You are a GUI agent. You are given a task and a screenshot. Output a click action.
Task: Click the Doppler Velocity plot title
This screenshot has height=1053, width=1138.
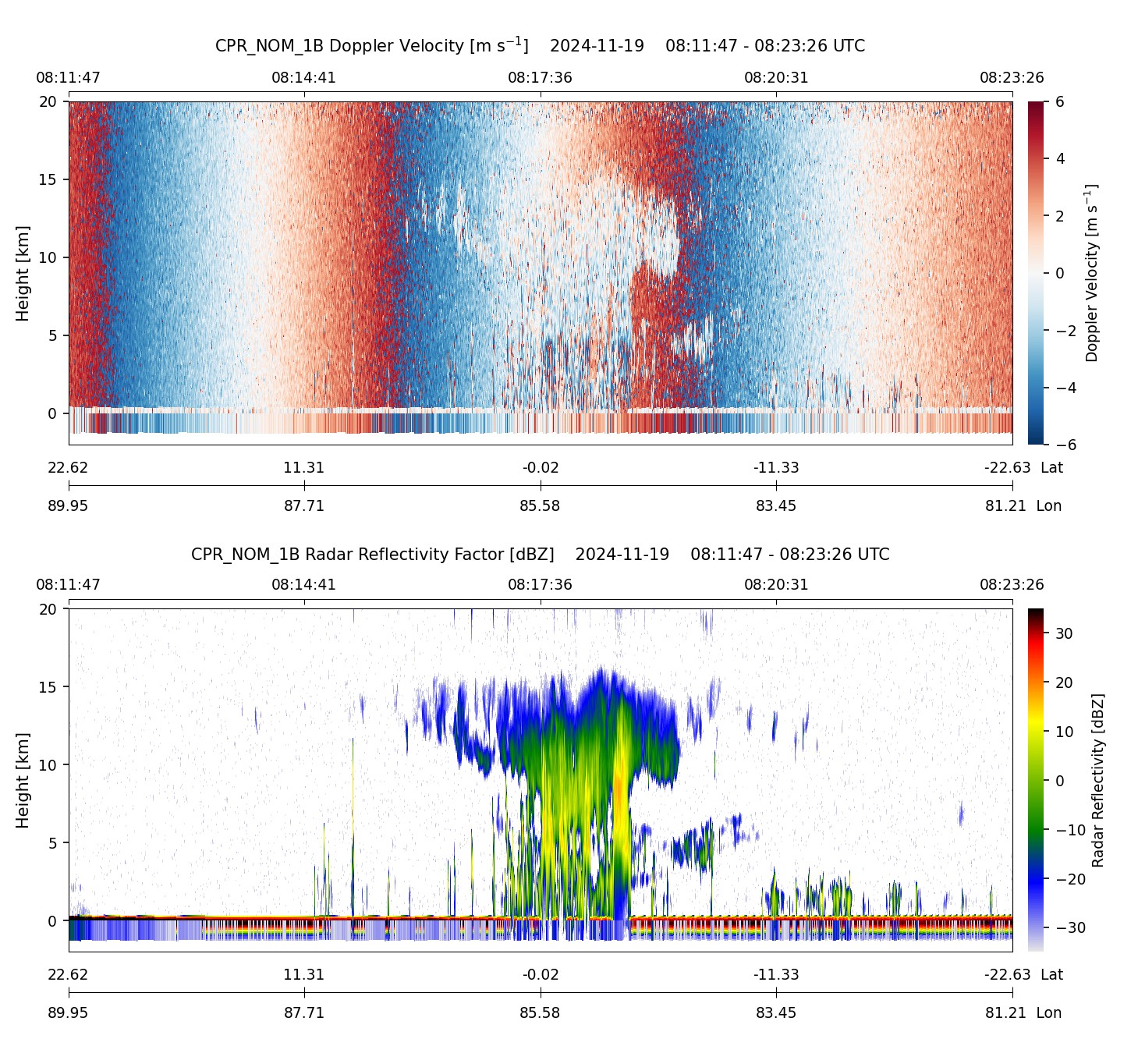tap(540, 45)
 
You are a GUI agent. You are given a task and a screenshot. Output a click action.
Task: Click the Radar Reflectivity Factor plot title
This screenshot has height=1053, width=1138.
tap(540, 555)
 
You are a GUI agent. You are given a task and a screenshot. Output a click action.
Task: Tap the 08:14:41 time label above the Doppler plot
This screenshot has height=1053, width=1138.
tap(303, 78)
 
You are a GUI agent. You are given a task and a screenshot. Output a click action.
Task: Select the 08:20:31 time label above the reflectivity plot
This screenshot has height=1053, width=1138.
tap(775, 585)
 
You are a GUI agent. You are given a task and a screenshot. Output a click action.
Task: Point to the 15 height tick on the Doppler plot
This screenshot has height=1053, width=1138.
tap(48, 179)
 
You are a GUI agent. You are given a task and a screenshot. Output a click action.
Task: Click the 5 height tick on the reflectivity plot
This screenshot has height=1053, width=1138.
tap(52, 842)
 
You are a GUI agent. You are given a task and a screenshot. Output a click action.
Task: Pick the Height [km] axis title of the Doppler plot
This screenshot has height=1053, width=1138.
tap(23, 273)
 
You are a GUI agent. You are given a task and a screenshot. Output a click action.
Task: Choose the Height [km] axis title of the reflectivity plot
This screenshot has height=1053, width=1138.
tap(23, 780)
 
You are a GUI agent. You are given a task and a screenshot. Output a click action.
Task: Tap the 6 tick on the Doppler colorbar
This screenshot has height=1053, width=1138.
tap(1060, 102)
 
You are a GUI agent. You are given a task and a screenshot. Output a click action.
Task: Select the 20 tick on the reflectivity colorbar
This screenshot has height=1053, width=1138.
tap(1064, 682)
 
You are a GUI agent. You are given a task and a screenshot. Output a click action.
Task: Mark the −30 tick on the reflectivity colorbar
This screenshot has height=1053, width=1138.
tap(1069, 927)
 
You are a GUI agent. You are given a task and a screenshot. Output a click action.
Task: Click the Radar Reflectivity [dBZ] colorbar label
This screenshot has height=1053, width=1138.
tap(1098, 780)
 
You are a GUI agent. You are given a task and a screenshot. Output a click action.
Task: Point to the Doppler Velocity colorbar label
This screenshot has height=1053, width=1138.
tap(1091, 273)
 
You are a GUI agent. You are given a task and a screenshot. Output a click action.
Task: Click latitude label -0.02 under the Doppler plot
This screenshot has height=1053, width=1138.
tap(540, 468)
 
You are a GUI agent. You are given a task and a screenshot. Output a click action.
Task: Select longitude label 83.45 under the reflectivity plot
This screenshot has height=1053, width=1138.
tap(775, 1012)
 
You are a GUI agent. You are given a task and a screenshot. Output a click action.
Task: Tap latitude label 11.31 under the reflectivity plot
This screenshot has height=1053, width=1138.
tap(303, 974)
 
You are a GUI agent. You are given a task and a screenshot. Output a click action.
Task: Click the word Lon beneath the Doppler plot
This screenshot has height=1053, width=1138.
tap(1048, 505)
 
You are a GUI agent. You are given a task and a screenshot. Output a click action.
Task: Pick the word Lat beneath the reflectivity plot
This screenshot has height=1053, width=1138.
tap(1051, 974)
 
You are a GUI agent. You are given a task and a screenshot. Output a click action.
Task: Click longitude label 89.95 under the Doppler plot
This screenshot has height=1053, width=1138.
tap(68, 505)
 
